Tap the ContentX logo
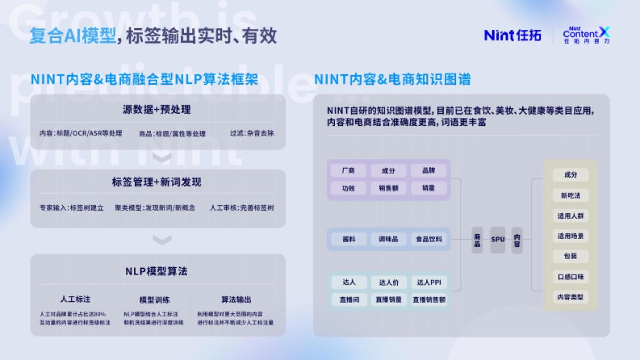tap(586, 35)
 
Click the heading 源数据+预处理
tap(157, 110)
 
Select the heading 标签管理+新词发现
tap(157, 182)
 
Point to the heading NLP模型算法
tap(157, 271)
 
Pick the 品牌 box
tap(428, 171)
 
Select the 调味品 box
tap(388, 239)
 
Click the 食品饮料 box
tap(429, 239)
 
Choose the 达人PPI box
tap(429, 282)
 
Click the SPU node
tap(498, 240)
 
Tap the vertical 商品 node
tap(477, 240)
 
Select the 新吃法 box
tap(570, 196)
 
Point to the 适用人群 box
tap(570, 216)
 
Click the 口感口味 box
tap(570, 277)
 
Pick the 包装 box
tap(570, 257)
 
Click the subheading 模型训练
tap(155, 300)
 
